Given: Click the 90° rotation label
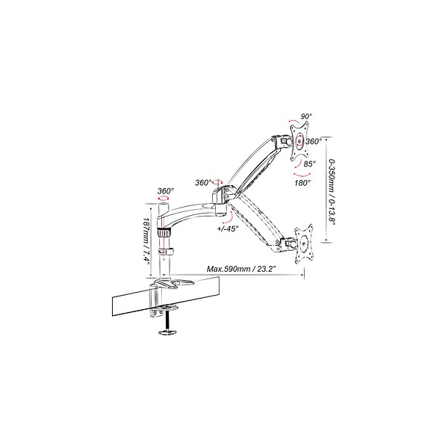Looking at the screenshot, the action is coord(306,116).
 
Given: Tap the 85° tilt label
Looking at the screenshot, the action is coord(310,164).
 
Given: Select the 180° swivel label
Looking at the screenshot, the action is coord(302,183).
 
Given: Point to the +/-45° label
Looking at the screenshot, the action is coord(228,228).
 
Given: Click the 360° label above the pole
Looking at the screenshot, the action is coord(166,191).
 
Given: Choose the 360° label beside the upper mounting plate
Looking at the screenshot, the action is coord(314,141).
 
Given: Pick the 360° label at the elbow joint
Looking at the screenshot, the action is coord(203,183).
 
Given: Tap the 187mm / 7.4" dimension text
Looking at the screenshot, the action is coord(146,241).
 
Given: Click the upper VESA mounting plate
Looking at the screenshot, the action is coord(299,140).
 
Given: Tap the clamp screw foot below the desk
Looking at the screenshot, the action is coord(167,332).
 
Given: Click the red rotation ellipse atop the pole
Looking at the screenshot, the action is coord(164,199).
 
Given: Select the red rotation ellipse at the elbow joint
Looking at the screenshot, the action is coord(218,182).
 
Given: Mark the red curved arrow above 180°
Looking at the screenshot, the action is coord(302,175).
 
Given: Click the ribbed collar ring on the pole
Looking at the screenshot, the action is coord(164,232).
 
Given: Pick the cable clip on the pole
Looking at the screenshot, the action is coord(167,252).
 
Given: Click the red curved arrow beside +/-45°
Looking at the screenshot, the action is coord(230,220).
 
